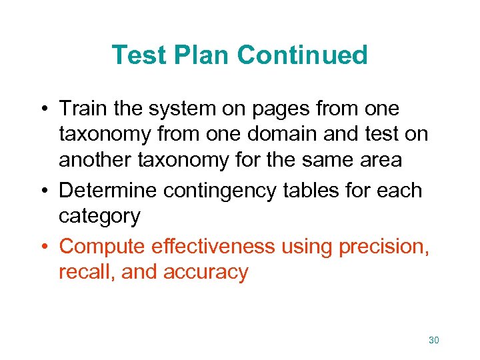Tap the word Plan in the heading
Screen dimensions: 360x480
click(x=205, y=55)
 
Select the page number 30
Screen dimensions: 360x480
click(x=433, y=341)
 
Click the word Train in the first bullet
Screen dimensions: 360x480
click(x=81, y=108)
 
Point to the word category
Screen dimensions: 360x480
click(x=99, y=217)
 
